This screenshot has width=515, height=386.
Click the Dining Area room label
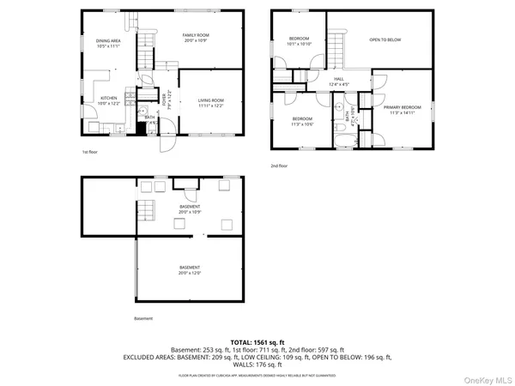[108, 43]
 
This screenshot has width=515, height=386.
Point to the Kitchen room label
[109, 100]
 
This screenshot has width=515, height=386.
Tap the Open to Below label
[385, 40]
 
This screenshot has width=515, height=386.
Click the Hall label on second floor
[340, 82]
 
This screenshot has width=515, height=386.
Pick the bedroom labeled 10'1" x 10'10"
[299, 41]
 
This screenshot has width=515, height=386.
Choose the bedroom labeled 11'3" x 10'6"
[302, 121]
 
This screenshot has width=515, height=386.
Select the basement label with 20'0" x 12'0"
[190, 271]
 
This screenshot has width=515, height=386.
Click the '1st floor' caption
[91, 152]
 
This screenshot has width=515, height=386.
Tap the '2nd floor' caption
[279, 166]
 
